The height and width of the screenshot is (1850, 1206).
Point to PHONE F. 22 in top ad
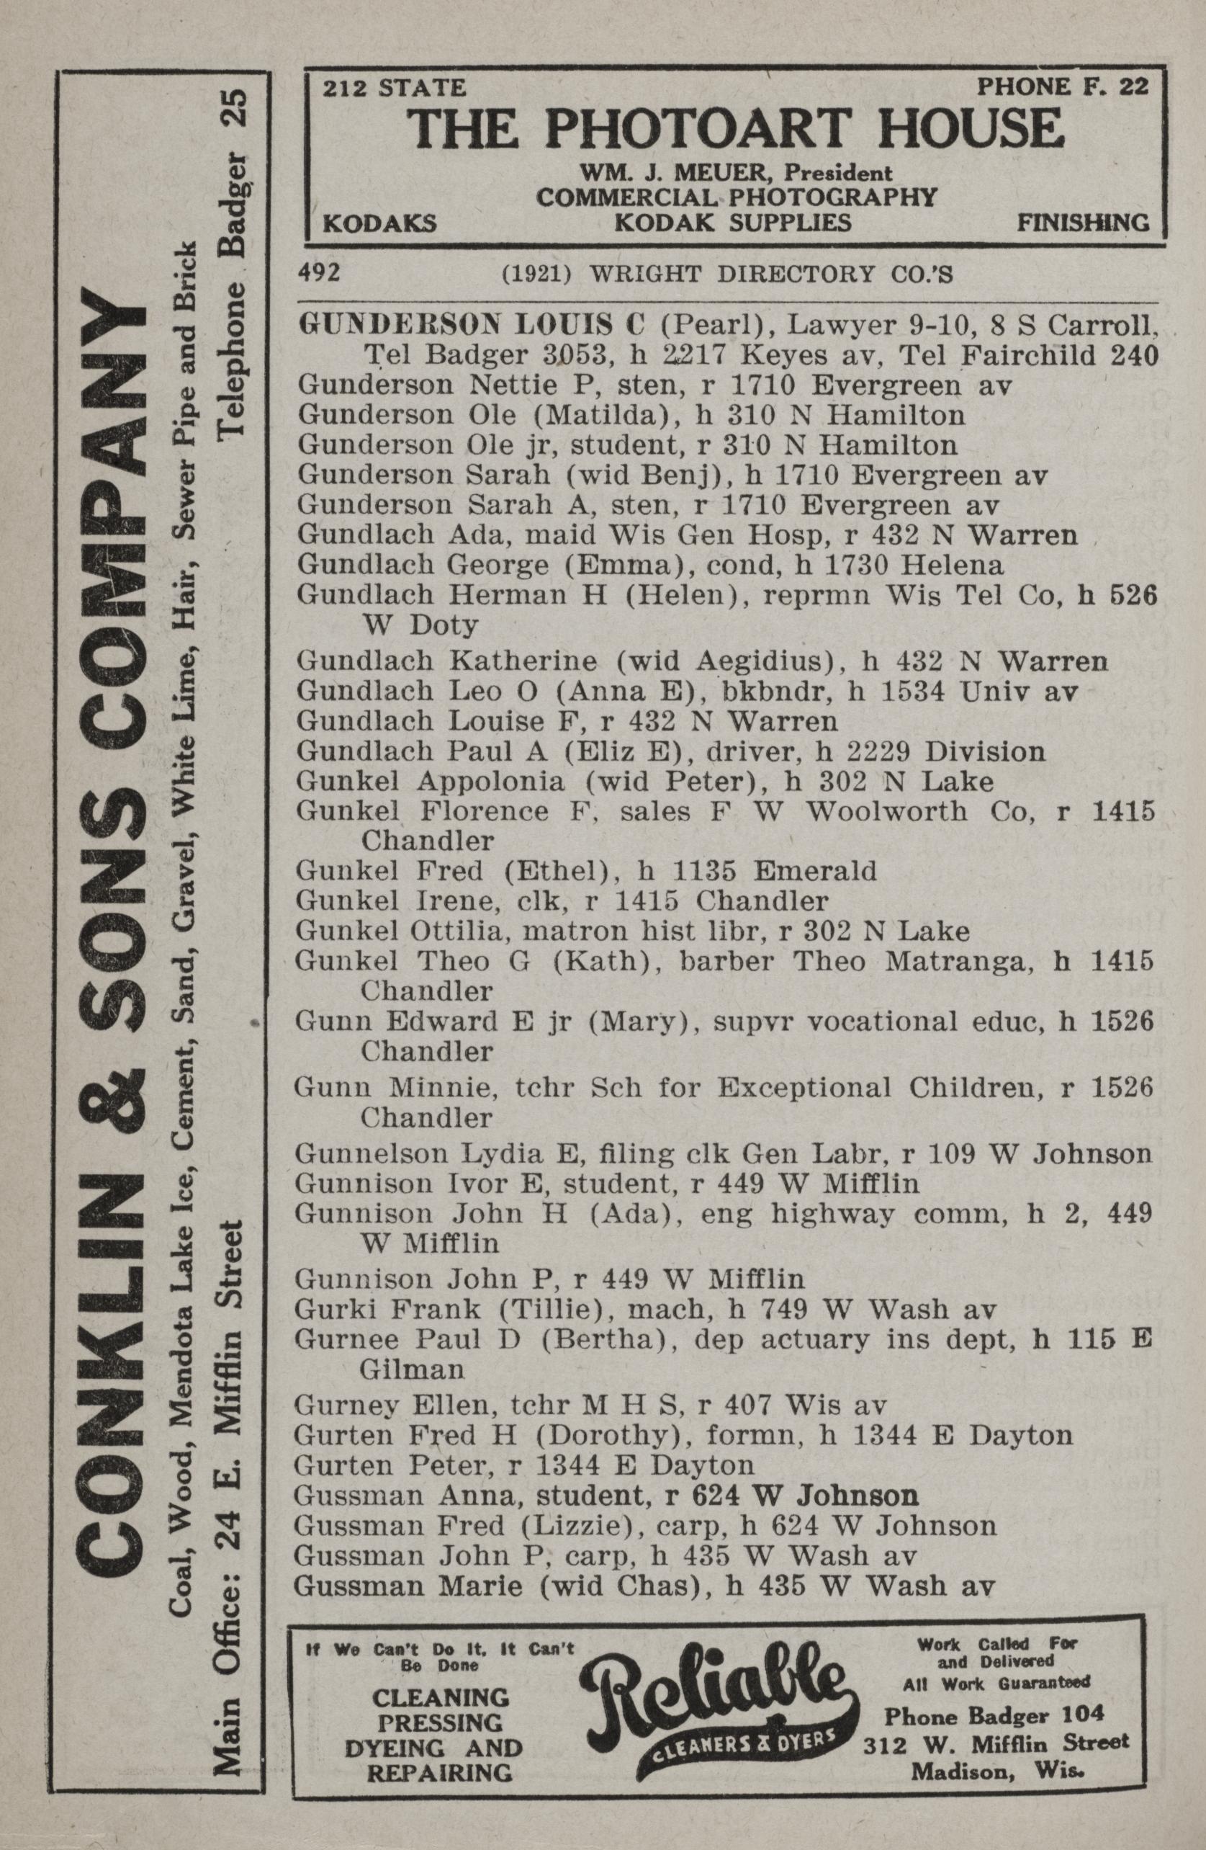[x=1062, y=86]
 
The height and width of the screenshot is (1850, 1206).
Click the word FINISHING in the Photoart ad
[x=1083, y=223]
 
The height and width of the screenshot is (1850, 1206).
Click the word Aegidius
[x=758, y=661]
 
